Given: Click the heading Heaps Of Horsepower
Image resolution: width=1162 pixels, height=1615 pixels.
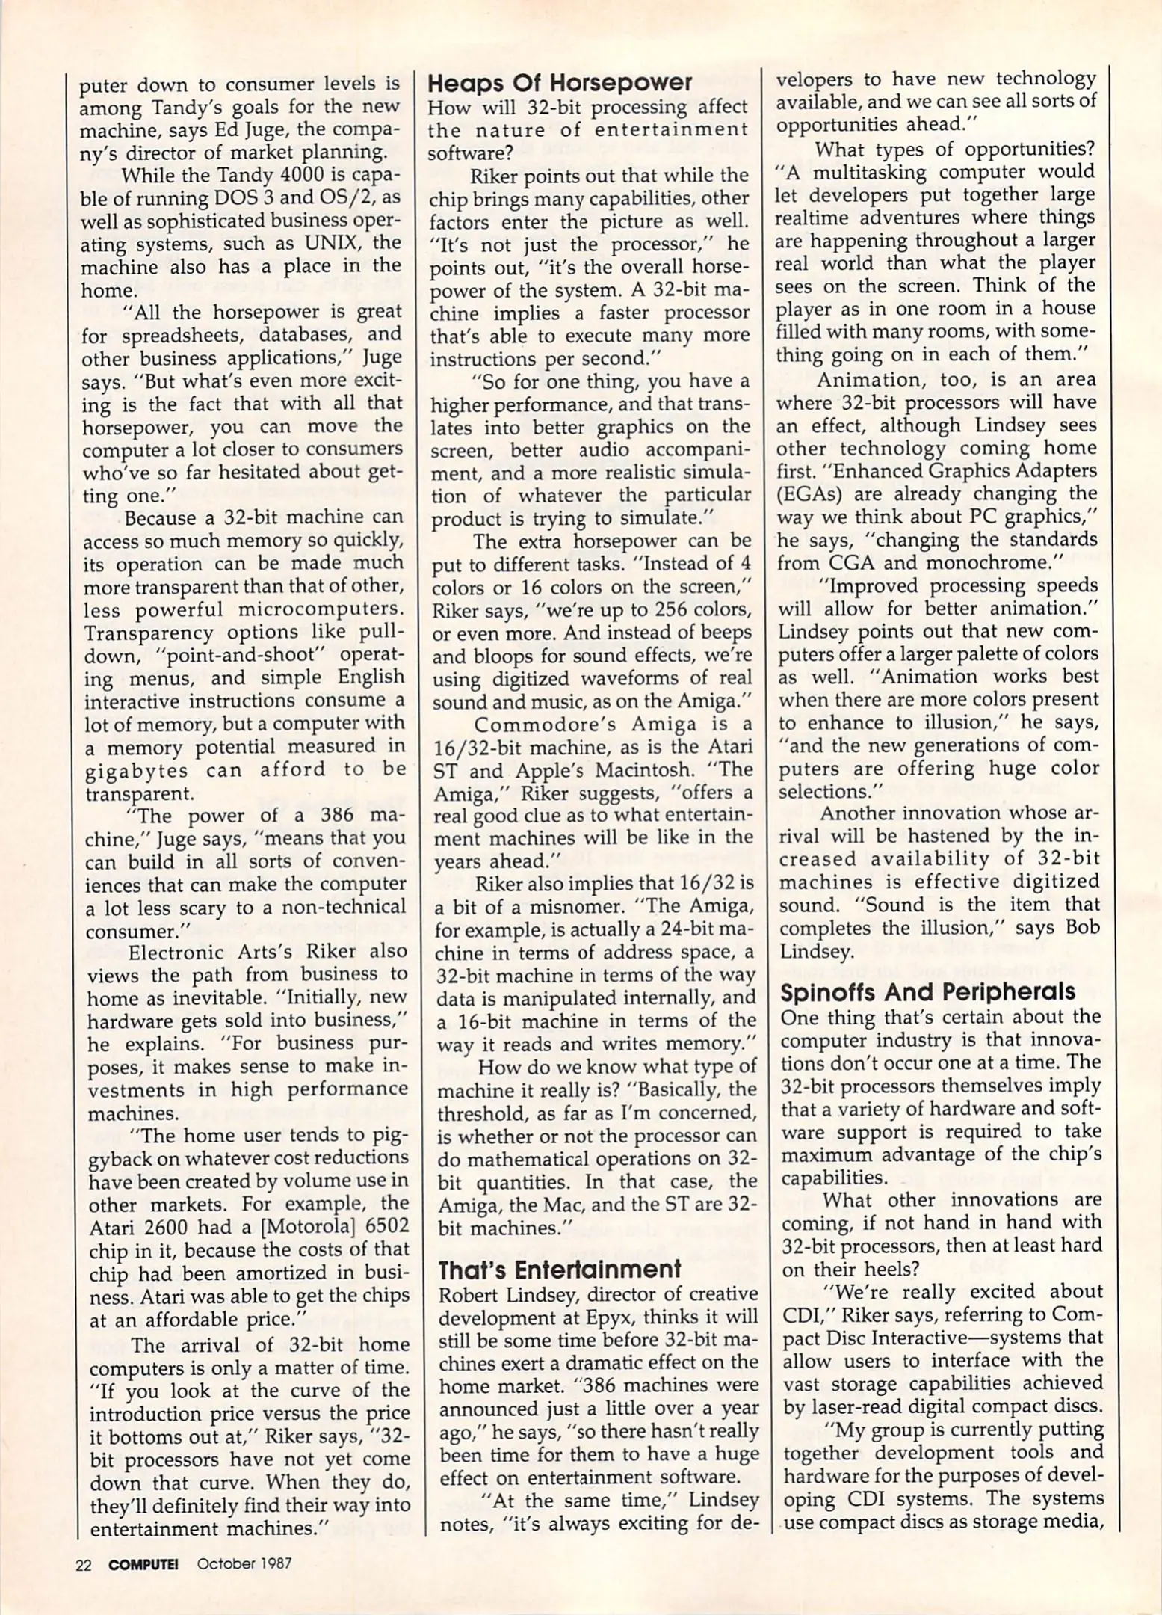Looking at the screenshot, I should (560, 82).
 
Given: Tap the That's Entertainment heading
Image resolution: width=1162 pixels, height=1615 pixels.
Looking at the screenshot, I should (560, 1269).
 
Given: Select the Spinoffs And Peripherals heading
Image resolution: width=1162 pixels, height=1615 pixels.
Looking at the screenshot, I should (927, 992).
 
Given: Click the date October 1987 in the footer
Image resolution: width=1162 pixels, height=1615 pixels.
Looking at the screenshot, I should (244, 1563).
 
